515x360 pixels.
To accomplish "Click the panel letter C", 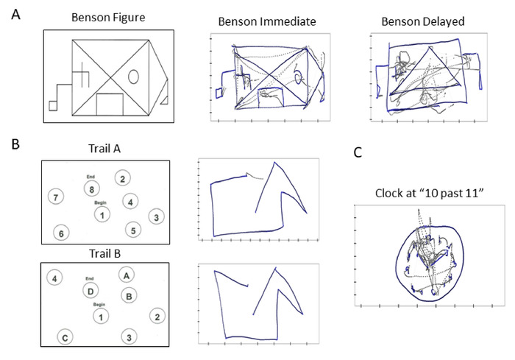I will tap(358, 153).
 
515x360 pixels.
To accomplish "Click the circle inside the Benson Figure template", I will tap(133, 76).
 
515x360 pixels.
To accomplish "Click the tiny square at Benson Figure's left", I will tap(52, 105).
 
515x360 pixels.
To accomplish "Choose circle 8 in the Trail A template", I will tap(92, 189).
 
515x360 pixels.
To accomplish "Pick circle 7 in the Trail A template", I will tap(53, 197).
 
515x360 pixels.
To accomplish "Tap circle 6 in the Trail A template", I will tap(63, 233).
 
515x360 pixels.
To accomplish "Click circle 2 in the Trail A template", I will tap(124, 178).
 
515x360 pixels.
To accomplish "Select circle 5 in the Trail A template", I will tap(132, 230).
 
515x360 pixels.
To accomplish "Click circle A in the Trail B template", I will tap(127, 275).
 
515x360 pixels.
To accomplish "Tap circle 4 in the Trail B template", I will tap(53, 278).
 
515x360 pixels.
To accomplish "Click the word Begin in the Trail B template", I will tap(101, 304).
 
